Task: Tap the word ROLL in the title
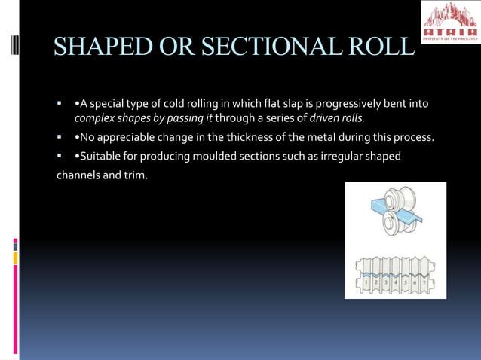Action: pos(378,47)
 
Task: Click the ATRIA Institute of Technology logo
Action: pos(450,22)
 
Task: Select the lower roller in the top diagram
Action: pos(391,224)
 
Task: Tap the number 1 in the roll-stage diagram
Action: pos(367,281)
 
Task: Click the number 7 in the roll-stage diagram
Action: pos(424,281)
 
